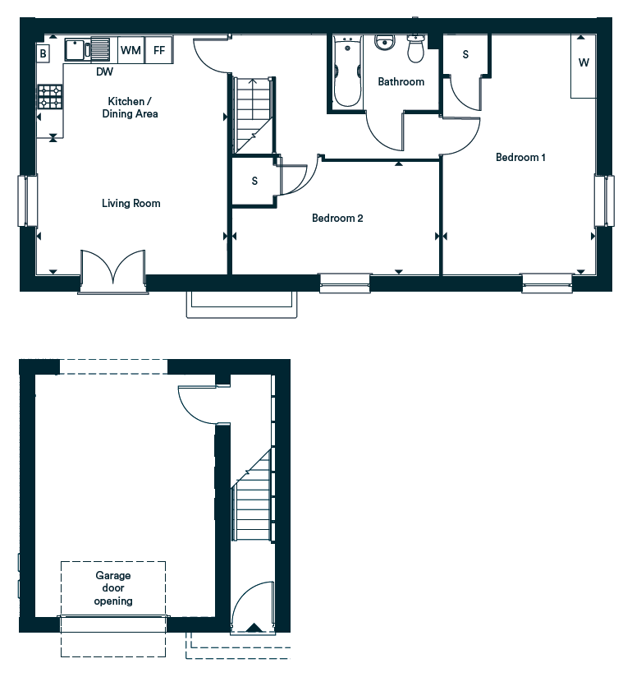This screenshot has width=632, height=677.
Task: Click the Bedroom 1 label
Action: (x=520, y=157)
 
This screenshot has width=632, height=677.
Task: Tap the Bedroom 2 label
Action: (x=337, y=218)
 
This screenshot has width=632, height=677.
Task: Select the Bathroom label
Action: (x=401, y=81)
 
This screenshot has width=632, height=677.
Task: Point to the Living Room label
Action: (x=131, y=204)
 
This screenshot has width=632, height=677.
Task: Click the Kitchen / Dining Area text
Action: (x=130, y=108)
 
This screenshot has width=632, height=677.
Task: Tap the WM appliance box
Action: (x=131, y=50)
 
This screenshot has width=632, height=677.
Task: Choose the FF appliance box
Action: (x=159, y=50)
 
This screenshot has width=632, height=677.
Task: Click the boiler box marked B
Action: (x=44, y=53)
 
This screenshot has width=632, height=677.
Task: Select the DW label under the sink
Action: (x=104, y=71)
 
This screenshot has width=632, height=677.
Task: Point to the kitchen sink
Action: (x=88, y=49)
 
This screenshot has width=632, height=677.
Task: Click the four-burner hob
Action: (x=50, y=97)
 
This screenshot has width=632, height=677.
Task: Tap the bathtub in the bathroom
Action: (x=347, y=71)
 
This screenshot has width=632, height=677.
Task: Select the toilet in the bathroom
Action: (x=416, y=48)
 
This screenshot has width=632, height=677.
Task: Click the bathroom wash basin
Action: (x=384, y=43)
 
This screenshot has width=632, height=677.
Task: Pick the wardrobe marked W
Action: (x=584, y=67)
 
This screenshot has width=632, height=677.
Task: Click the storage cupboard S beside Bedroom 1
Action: (x=465, y=54)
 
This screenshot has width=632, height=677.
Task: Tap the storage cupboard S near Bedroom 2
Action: (x=254, y=181)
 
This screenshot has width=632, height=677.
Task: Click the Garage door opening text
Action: (x=113, y=588)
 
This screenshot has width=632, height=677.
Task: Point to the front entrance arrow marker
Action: (x=254, y=628)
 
